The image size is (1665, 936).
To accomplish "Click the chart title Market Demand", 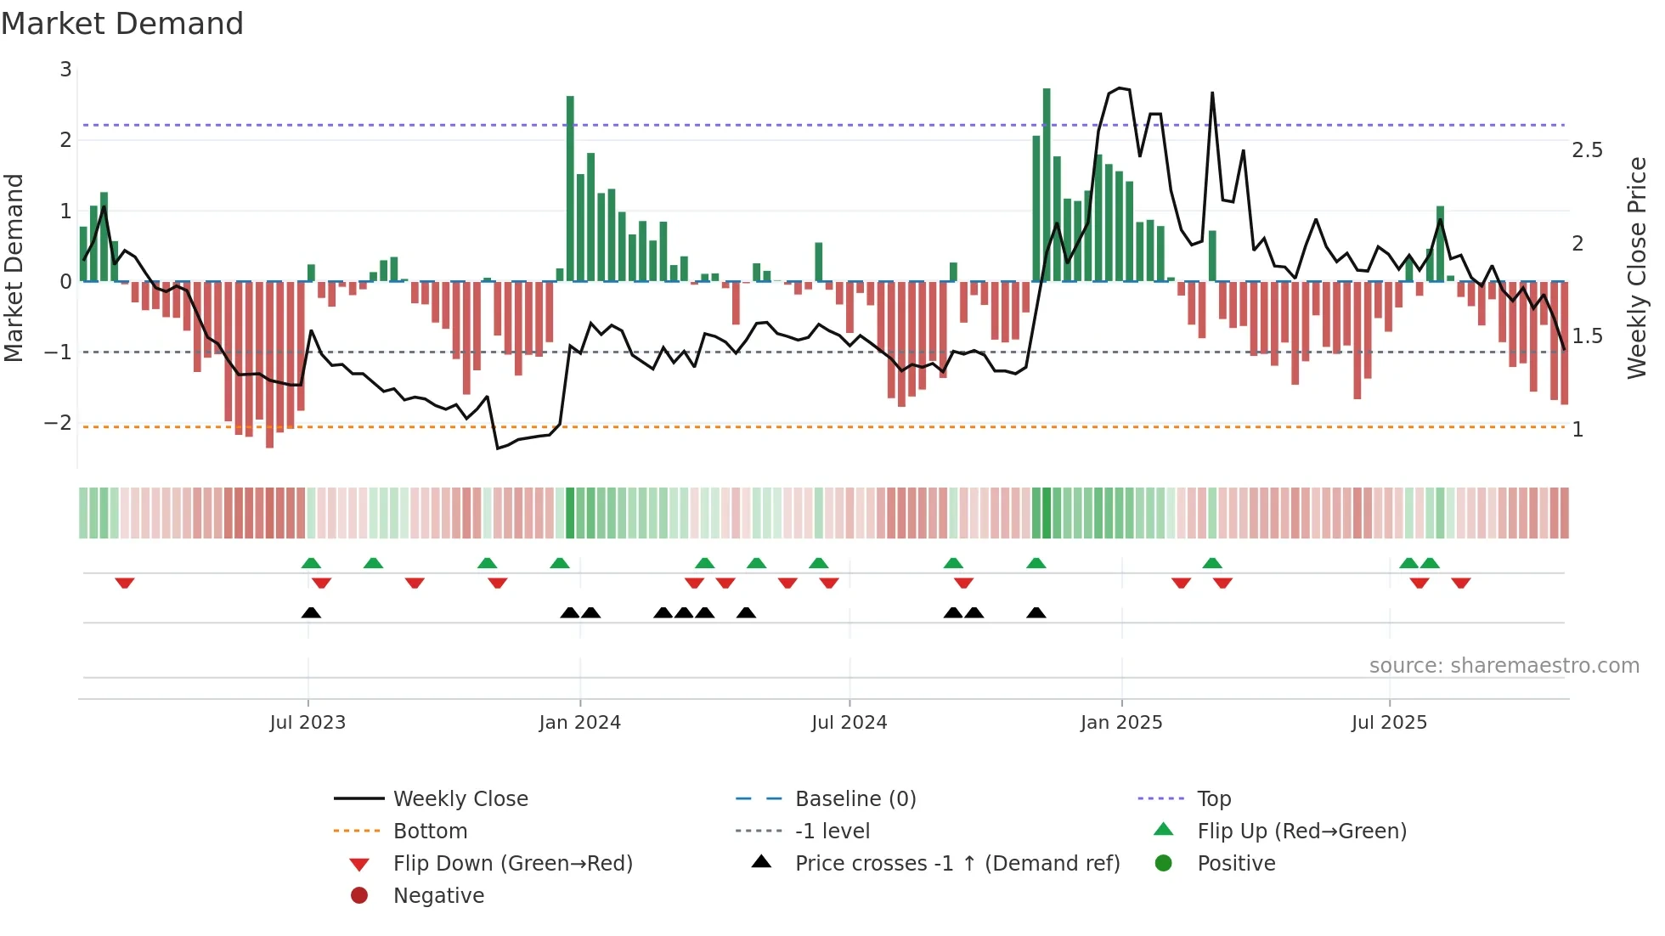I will point(122,24).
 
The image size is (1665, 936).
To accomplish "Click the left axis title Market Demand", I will point(14,268).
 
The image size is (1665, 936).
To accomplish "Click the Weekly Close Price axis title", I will point(1637,268).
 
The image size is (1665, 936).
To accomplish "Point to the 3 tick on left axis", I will point(65,70).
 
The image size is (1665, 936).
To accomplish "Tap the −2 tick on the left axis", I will point(59,423).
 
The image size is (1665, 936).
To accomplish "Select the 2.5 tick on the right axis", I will point(1587,150).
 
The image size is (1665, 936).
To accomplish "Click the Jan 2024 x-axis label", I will point(579,723).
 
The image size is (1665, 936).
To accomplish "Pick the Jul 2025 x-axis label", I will point(1389,723).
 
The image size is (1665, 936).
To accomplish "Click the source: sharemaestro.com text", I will point(1504,666).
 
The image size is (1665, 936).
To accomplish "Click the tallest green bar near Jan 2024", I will point(570,187).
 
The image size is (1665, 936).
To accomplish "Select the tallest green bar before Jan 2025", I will point(1047,183).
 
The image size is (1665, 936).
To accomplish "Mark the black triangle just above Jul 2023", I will point(311,613).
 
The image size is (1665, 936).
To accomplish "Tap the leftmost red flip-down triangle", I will point(125,583).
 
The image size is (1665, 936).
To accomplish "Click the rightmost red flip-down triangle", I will point(1460,583).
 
